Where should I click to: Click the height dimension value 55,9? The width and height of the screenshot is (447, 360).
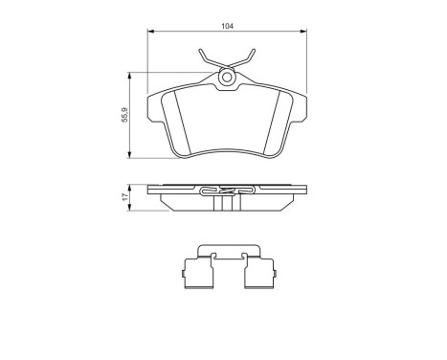click(123, 116)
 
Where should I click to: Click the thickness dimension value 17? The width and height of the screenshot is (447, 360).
click(123, 197)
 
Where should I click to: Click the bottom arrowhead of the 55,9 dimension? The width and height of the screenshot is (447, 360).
click(131, 156)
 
